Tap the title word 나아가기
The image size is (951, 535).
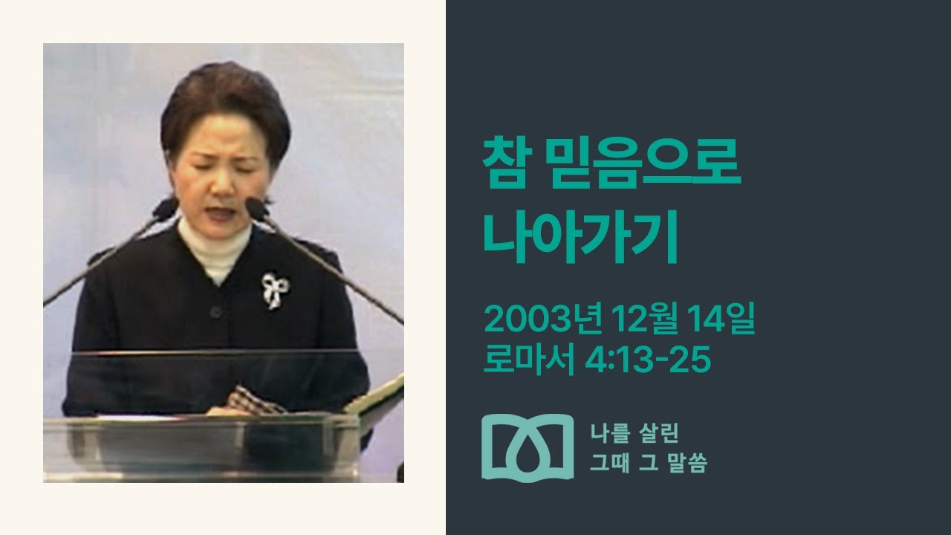tap(581, 239)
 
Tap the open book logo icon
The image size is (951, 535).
tap(528, 446)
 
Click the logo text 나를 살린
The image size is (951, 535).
tap(634, 433)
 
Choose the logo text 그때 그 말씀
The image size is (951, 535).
tap(648, 464)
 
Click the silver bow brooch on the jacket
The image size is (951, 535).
tap(273, 291)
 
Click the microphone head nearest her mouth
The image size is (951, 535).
tap(256, 208)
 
